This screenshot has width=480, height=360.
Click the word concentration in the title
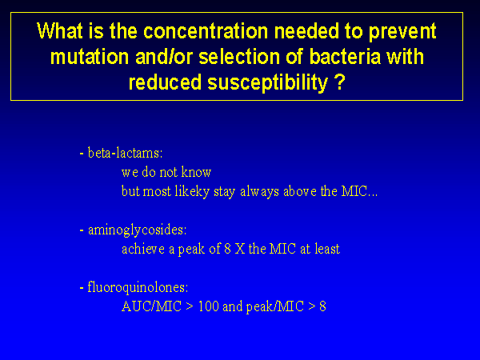coord(206,31)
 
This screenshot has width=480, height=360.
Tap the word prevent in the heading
coord(402,32)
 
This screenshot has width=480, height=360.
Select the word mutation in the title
coord(90,57)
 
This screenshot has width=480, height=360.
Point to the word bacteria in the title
coord(345,57)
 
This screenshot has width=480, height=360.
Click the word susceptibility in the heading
coord(267,83)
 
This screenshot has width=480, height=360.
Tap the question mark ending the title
coord(339,82)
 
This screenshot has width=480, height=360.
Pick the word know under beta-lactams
coord(196,172)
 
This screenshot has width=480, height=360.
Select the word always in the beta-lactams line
coord(259,192)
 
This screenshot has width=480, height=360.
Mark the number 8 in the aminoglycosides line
coord(227,249)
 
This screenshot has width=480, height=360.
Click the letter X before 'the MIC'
coord(240,249)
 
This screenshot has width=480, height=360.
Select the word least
coord(327,249)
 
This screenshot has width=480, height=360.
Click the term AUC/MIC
coord(151,306)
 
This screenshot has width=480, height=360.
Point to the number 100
coord(208,306)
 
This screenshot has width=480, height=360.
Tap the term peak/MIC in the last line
coord(274,306)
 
